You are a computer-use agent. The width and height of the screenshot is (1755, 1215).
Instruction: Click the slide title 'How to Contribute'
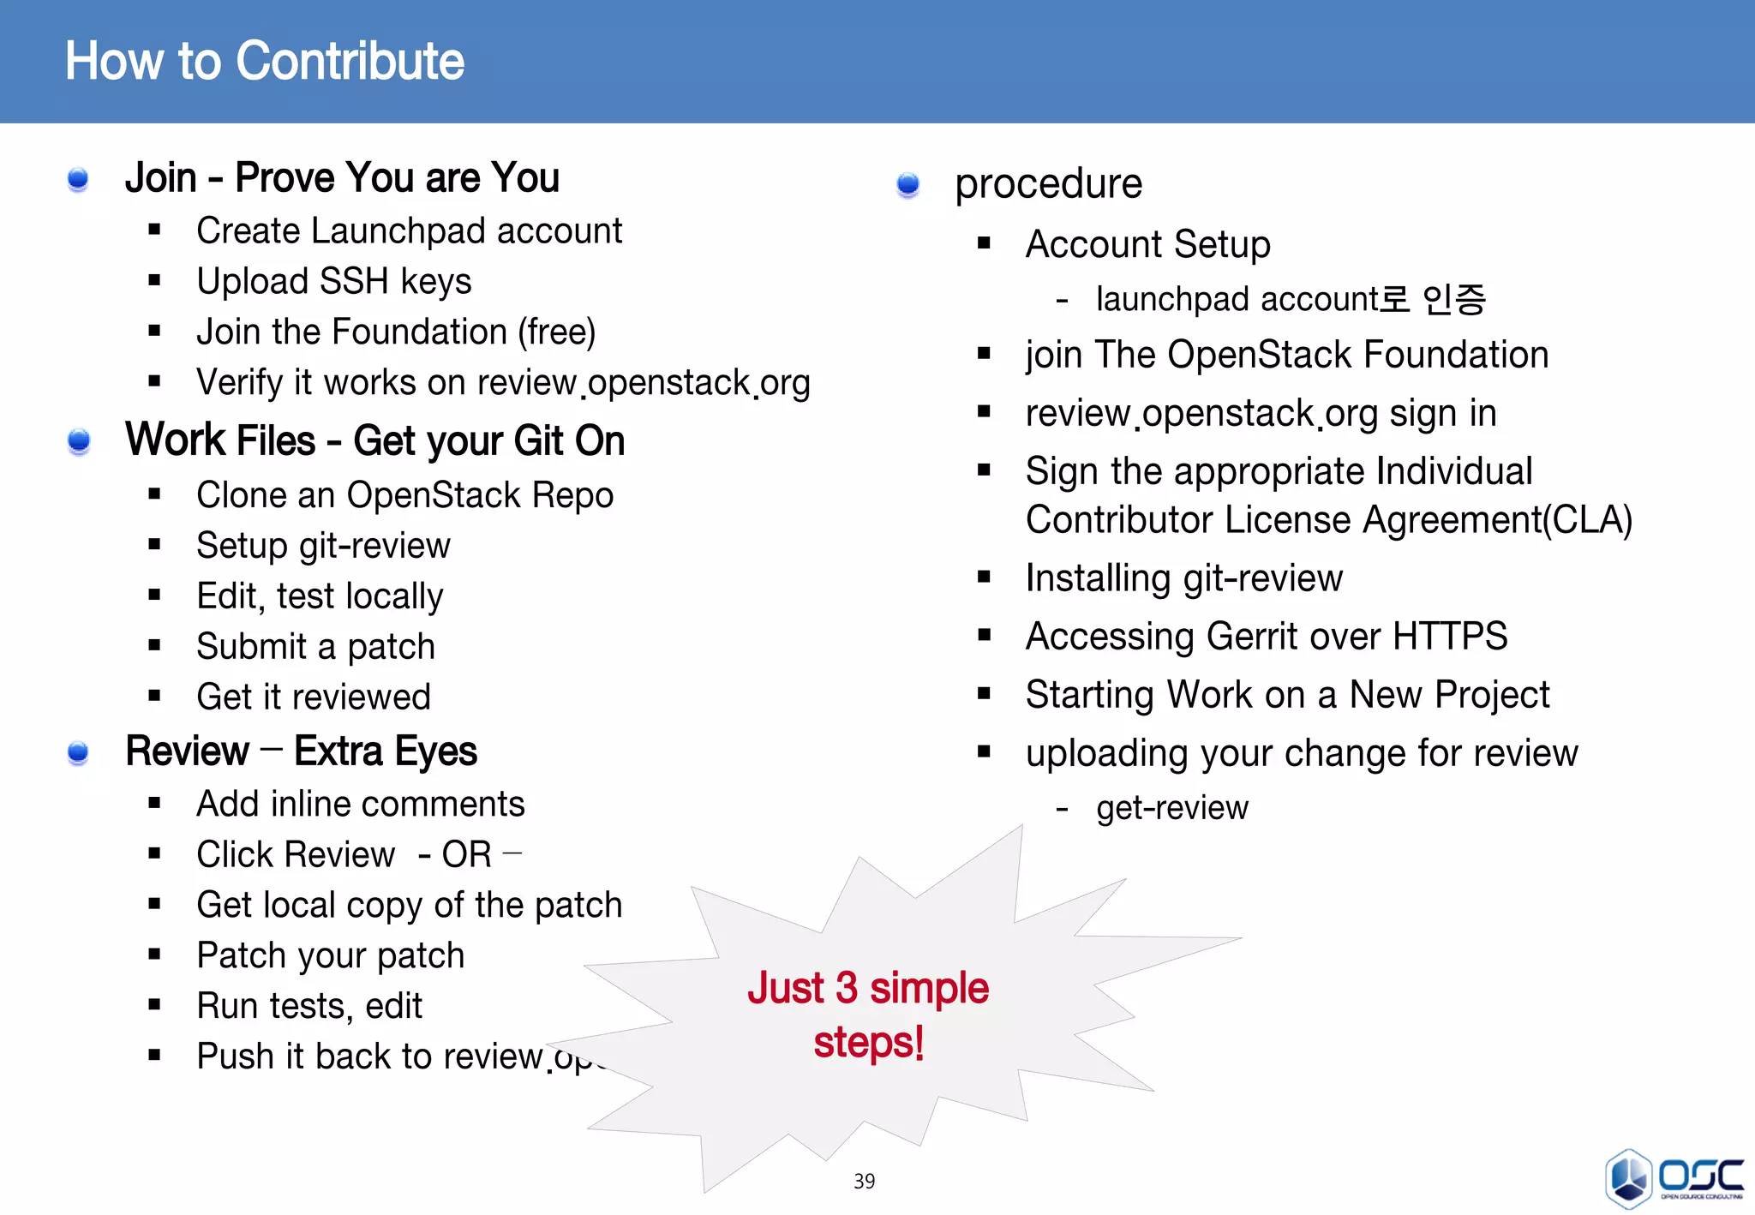(x=265, y=62)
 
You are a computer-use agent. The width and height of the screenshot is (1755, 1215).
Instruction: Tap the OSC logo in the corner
(x=1674, y=1178)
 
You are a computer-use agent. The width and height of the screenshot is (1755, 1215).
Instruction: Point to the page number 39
(x=864, y=1182)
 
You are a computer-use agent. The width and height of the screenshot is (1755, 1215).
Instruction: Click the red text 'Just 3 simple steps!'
(x=868, y=1014)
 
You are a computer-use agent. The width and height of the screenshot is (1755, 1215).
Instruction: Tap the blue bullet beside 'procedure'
(x=907, y=184)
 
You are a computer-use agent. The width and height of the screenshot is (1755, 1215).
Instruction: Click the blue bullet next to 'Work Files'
(x=79, y=441)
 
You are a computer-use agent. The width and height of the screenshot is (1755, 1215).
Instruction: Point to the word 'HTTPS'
(x=1450, y=637)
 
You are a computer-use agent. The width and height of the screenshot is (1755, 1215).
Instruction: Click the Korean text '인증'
(x=1454, y=300)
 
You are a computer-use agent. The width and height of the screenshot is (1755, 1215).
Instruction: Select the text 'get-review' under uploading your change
(x=1171, y=808)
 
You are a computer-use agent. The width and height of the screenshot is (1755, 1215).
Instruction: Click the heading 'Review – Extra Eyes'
(x=301, y=751)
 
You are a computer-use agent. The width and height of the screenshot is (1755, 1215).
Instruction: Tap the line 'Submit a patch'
(x=315, y=647)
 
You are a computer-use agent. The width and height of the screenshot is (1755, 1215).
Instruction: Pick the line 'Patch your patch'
(x=330, y=955)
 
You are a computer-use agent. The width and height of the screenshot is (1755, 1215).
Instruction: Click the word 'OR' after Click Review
(x=466, y=855)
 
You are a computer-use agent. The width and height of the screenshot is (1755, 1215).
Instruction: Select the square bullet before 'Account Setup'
(x=984, y=244)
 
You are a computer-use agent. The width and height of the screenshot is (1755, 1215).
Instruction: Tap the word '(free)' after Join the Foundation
(x=556, y=332)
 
